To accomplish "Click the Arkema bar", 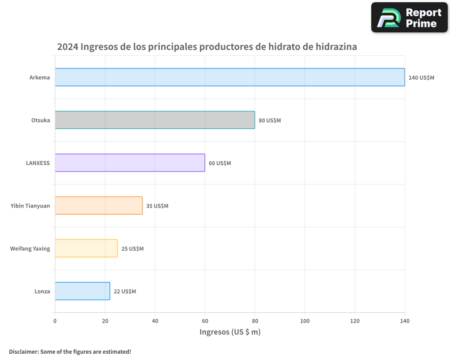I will [x=229, y=77].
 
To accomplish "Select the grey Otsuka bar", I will [x=155, y=120].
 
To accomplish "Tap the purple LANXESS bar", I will [x=130, y=163].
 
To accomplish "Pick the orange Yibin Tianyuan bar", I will [x=99, y=206].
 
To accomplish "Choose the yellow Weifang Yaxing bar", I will [x=86, y=248].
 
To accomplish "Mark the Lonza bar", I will [x=82, y=291].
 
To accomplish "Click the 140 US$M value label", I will [x=421, y=78].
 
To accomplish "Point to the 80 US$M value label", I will [x=270, y=121].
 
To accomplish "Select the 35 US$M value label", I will [x=157, y=206].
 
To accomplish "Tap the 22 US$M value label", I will [x=125, y=292].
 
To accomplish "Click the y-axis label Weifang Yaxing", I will [x=30, y=248].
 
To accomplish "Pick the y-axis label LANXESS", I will [x=38, y=163].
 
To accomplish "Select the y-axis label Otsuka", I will [x=40, y=120].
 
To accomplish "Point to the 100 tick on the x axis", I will [x=305, y=321].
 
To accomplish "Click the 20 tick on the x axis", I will [x=105, y=321].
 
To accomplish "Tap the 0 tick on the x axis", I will [x=55, y=321].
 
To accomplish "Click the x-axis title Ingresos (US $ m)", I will [x=230, y=332].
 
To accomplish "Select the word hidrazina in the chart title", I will [x=336, y=47].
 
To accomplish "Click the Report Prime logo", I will [x=409, y=18].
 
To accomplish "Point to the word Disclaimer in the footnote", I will [x=23, y=351].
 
